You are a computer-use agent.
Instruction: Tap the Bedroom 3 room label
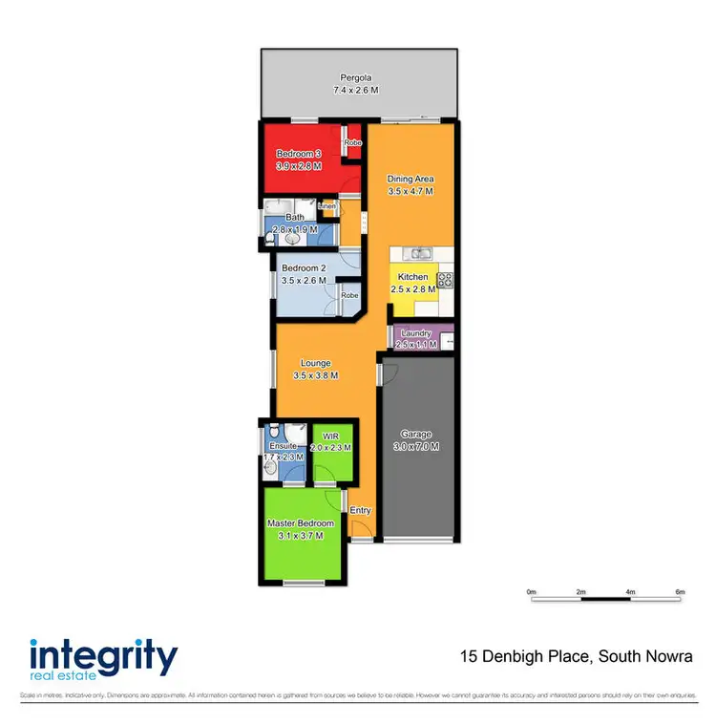(299, 154)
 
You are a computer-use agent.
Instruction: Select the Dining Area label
(411, 179)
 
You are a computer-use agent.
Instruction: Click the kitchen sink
(417, 254)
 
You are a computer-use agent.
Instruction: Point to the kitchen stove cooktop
(444, 280)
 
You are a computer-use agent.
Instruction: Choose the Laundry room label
(416, 332)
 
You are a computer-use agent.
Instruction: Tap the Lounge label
(315, 363)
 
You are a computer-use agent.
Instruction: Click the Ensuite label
(284, 445)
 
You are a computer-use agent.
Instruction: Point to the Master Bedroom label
(301, 523)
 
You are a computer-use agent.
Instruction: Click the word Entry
(360, 510)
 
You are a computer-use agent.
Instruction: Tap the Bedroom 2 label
(304, 269)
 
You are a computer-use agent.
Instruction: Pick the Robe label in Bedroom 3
(353, 143)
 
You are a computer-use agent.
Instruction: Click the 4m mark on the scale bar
(631, 592)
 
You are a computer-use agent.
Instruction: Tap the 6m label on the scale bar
(680, 592)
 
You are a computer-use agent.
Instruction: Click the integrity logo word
(104, 658)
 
